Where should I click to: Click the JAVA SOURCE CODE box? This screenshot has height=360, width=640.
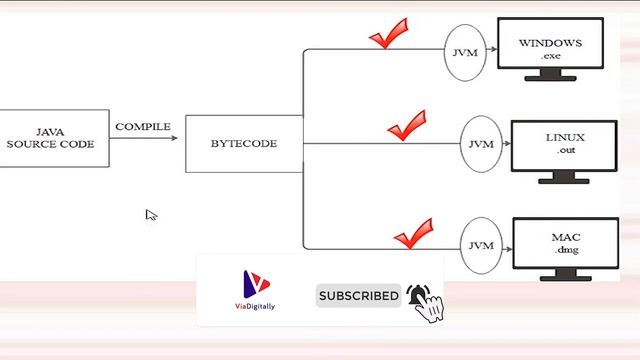52,138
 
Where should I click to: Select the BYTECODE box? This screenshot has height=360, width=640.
244,143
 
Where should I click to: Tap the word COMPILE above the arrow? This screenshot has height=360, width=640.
143,127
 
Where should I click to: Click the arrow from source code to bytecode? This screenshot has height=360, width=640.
144,138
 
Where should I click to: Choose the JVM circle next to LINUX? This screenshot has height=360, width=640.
480,144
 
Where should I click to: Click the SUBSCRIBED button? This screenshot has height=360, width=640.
358,296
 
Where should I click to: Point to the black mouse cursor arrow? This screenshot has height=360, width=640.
151,215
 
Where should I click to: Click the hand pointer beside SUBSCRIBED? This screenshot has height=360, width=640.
426,304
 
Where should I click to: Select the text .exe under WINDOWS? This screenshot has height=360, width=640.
551,58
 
